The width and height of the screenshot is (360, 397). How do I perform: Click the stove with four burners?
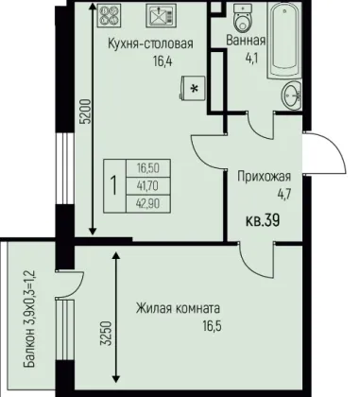(x=110, y=15)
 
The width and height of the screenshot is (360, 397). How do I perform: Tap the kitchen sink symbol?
(x=161, y=15)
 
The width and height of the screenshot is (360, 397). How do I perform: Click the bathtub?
(x=284, y=41)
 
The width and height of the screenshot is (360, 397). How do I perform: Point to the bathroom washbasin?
(x=291, y=95)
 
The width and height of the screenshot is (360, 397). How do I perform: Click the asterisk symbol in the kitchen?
(x=195, y=89)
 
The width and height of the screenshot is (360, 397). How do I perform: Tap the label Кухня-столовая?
(x=150, y=43)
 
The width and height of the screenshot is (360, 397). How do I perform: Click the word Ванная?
(x=246, y=41)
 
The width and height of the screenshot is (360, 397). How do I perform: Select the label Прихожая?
(x=264, y=177)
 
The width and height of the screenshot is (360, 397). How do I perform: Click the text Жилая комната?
(x=178, y=308)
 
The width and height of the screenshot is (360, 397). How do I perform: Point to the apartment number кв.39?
(x=263, y=220)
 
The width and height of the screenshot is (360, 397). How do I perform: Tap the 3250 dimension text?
(x=107, y=334)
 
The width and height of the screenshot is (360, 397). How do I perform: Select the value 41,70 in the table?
(x=148, y=186)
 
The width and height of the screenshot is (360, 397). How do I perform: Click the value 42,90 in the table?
(x=148, y=204)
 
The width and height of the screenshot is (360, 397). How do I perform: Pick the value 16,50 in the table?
(x=148, y=168)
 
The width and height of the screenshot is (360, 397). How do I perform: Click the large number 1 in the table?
(x=114, y=186)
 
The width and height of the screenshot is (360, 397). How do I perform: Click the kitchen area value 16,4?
(x=163, y=60)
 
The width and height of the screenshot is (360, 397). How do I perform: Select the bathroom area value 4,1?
(x=251, y=59)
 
